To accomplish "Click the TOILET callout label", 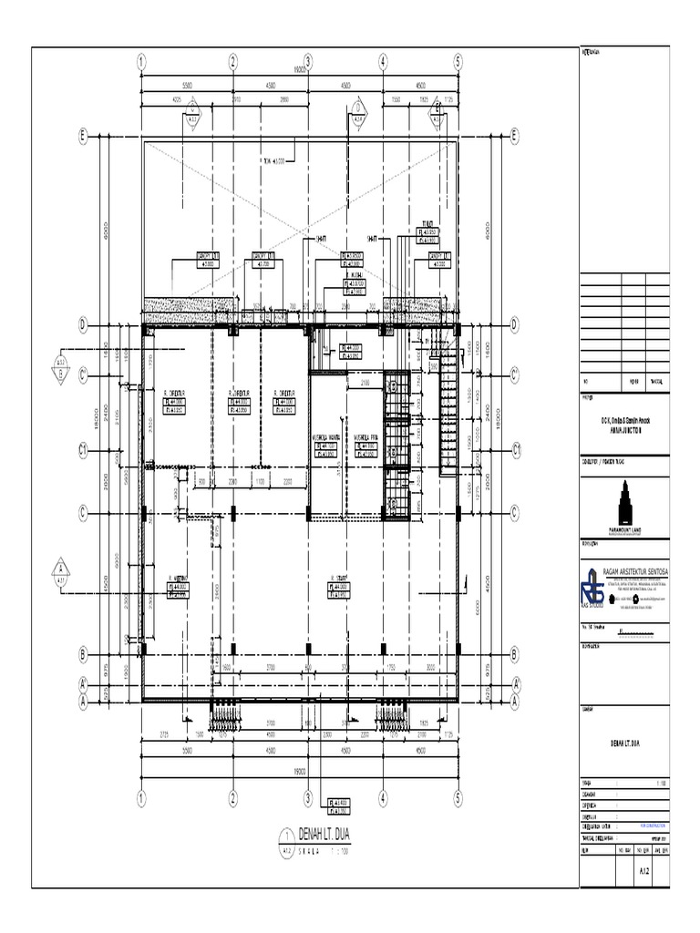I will click(426, 222).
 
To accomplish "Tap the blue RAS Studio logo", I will click(592, 588).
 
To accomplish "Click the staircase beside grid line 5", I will click(449, 415).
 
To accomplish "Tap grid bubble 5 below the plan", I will click(458, 798).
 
